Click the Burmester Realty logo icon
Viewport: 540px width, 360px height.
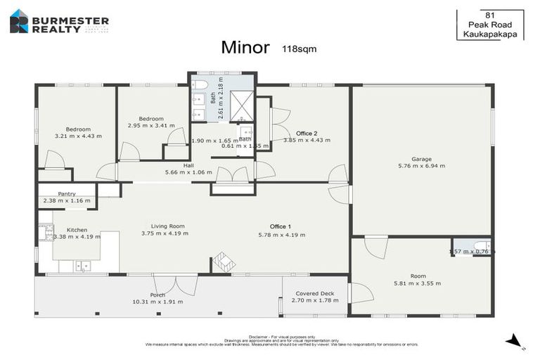pyautogui.click(x=19, y=21)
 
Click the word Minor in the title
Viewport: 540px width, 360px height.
pyautogui.click(x=245, y=48)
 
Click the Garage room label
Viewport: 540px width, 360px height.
pyautogui.click(x=422, y=159)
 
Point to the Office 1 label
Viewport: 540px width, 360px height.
pyautogui.click(x=281, y=226)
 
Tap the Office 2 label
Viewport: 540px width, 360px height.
pyautogui.click(x=307, y=133)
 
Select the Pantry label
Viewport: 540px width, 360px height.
pyautogui.click(x=67, y=193)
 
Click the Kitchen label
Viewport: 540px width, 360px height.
pyautogui.click(x=77, y=230)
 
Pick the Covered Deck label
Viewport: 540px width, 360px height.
pyautogui.click(x=315, y=294)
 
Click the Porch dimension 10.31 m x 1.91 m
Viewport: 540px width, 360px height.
pyautogui.click(x=157, y=302)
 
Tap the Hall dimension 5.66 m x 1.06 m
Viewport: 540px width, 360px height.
pyautogui.click(x=188, y=172)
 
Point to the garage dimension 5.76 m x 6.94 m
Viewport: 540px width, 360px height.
pyautogui.click(x=422, y=166)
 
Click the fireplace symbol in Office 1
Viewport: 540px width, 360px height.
pyautogui.click(x=224, y=263)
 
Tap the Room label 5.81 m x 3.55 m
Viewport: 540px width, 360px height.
pyautogui.click(x=418, y=283)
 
